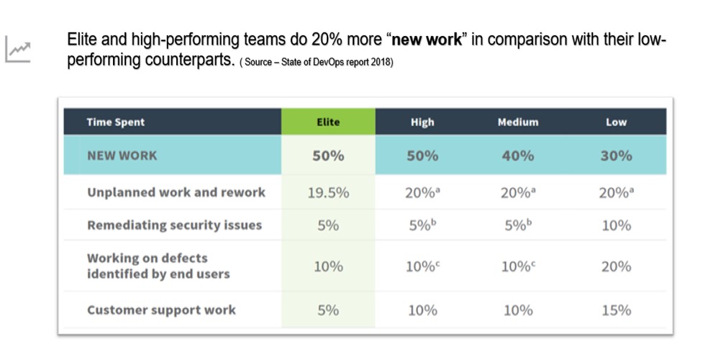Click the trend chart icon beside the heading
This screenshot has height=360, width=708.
tap(18, 50)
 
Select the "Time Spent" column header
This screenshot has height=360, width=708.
tap(115, 122)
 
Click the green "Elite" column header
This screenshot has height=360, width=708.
tap(327, 122)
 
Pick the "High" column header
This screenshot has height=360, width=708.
tap(422, 122)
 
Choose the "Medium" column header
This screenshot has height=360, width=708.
tap(517, 122)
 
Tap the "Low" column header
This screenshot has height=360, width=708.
tap(616, 122)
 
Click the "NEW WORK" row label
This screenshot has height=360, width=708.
tap(122, 156)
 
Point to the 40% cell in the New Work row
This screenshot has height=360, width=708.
tap(517, 156)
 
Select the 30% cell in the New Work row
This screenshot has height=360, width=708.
tap(616, 156)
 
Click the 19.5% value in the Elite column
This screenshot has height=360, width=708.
tap(327, 192)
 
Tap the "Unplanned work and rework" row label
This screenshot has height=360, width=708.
tap(176, 192)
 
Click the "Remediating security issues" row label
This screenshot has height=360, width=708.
tap(174, 225)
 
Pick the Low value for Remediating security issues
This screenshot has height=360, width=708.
tap(616, 225)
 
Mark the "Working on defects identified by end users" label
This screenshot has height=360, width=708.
tap(158, 266)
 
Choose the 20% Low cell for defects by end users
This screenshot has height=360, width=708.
tap(616, 266)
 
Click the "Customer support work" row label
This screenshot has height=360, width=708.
tap(161, 310)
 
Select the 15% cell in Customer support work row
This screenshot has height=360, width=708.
tap(616, 310)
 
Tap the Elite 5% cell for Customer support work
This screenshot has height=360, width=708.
tap(327, 310)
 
